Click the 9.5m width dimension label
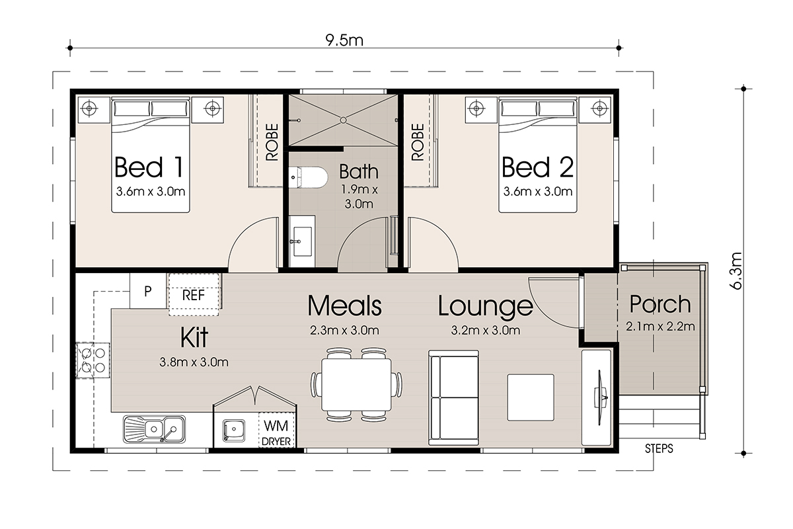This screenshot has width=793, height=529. pyautogui.click(x=344, y=40)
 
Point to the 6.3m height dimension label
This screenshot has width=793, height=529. pyautogui.click(x=736, y=271)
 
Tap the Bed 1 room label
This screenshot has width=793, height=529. pyautogui.click(x=149, y=167)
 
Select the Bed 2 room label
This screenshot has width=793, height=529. pyautogui.click(x=538, y=167)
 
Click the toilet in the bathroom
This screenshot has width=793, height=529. pyautogui.click(x=308, y=177)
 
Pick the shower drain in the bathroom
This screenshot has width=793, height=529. pyautogui.click(x=343, y=120)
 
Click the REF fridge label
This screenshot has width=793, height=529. pyautogui.click(x=193, y=295)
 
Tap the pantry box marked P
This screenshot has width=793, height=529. pyautogui.click(x=148, y=291)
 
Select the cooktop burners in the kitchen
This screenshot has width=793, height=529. pyautogui.click(x=93, y=360)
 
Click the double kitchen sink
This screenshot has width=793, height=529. pyautogui.click(x=155, y=429)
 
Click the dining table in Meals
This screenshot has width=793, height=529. pyautogui.click(x=356, y=384)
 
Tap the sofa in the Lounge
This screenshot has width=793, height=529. pyautogui.click(x=453, y=397)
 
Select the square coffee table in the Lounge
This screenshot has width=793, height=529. pyautogui.click(x=530, y=397)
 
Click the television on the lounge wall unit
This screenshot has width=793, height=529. pyautogui.click(x=601, y=397)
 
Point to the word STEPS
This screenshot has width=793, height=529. pyautogui.click(x=659, y=449)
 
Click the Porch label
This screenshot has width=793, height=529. pyautogui.click(x=660, y=304)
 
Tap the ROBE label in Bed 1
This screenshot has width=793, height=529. pyautogui.click(x=272, y=142)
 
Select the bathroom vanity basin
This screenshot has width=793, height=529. pyautogui.click(x=301, y=241)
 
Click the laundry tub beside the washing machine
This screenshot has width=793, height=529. pyautogui.click(x=234, y=430)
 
